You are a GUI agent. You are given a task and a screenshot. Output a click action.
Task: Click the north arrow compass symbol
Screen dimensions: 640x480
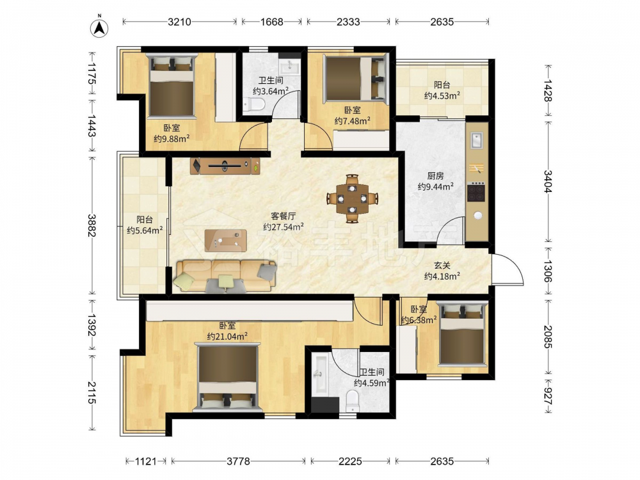pyautogui.click(x=99, y=27)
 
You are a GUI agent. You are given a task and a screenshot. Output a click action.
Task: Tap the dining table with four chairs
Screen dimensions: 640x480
pyautogui.click(x=352, y=199)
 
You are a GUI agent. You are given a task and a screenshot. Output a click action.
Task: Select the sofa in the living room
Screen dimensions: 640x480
pyautogui.click(x=225, y=276)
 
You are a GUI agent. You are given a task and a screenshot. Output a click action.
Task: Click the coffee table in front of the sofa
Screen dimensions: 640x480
pyautogui.click(x=225, y=241)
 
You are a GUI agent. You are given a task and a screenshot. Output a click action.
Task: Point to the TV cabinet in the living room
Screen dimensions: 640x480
pyautogui.click(x=225, y=166)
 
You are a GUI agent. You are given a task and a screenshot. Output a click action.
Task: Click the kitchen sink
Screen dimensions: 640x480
pyautogui.click(x=477, y=140)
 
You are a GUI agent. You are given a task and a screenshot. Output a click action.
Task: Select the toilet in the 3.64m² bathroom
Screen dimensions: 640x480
pyautogui.click(x=254, y=106)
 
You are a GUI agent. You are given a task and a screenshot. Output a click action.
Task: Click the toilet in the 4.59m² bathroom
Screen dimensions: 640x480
pyautogui.click(x=352, y=401)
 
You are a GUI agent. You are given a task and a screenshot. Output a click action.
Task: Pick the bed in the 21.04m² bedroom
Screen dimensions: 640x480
pyautogui.click(x=228, y=377)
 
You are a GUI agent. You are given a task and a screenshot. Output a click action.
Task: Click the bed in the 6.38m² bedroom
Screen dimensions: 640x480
pyautogui.click(x=463, y=334)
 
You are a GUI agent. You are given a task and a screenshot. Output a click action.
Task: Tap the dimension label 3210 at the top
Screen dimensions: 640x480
pyautogui.click(x=179, y=22)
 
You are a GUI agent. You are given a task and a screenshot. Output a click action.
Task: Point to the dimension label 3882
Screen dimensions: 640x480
pyautogui.click(x=92, y=225)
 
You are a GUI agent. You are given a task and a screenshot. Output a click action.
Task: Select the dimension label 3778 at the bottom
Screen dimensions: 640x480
pyautogui.click(x=238, y=461)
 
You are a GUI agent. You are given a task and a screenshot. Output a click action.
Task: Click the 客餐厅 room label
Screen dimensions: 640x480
pyautogui.click(x=284, y=216)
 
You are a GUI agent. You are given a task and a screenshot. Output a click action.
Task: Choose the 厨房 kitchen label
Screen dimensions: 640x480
pyautogui.click(x=435, y=176)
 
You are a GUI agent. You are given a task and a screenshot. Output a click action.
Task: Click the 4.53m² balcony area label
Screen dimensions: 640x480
pyautogui.click(x=442, y=95)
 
